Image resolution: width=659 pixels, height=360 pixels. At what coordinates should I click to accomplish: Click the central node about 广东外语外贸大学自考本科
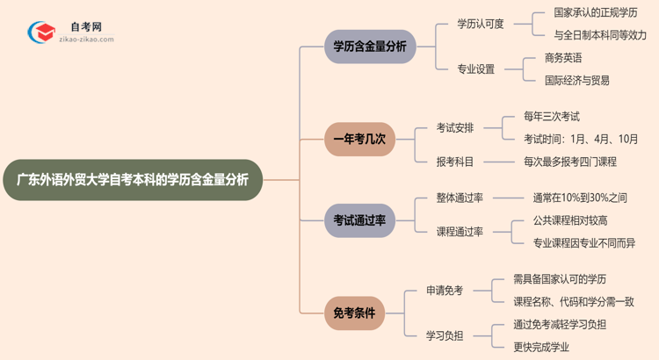point(132,180)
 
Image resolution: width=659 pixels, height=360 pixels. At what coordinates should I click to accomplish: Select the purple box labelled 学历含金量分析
point(369,47)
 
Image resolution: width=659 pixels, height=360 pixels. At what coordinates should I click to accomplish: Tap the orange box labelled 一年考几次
point(359,139)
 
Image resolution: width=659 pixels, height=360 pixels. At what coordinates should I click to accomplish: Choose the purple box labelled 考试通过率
point(359,220)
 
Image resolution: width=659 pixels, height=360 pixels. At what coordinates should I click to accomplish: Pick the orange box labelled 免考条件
point(354,312)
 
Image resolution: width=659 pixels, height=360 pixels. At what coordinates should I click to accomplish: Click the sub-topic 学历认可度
point(481,24)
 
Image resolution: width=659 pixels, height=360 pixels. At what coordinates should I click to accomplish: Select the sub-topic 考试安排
point(455,127)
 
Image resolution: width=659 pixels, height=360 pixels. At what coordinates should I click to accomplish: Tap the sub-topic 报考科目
point(455,162)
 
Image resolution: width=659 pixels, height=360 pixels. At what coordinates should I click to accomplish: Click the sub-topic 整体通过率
point(460,198)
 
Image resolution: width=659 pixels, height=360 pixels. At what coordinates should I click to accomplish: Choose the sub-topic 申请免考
point(445,291)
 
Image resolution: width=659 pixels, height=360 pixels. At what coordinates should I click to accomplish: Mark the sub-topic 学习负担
point(445,335)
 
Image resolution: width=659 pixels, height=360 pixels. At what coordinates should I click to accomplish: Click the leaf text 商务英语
point(563,58)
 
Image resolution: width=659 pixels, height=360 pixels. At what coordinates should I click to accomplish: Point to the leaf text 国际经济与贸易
point(576,81)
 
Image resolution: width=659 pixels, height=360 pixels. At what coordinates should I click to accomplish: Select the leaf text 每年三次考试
point(551,116)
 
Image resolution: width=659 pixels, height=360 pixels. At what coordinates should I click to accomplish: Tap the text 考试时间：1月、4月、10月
point(581,139)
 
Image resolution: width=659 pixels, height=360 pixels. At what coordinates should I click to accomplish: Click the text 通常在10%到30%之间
point(580,198)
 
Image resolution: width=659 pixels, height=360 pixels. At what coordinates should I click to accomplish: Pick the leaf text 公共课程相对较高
point(570,220)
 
